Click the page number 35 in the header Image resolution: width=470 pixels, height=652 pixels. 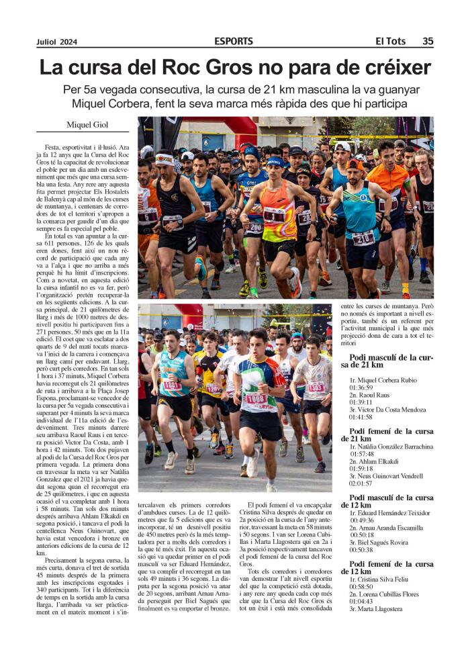point(427,41)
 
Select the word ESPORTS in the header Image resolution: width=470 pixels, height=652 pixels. point(234,41)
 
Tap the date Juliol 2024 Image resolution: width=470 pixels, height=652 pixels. point(56,42)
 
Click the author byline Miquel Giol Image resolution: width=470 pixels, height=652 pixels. point(88,124)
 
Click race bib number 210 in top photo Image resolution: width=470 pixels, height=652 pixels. point(363,238)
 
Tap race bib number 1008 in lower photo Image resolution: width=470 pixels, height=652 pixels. point(256,399)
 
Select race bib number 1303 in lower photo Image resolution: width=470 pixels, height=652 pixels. point(316,387)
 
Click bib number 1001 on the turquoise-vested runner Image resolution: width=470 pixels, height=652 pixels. point(172,385)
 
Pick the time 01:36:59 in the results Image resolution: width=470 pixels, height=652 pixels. point(363,387)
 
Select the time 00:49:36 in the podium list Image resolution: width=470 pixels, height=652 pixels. point(363,520)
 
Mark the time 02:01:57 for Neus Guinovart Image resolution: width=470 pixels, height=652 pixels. point(363,483)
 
